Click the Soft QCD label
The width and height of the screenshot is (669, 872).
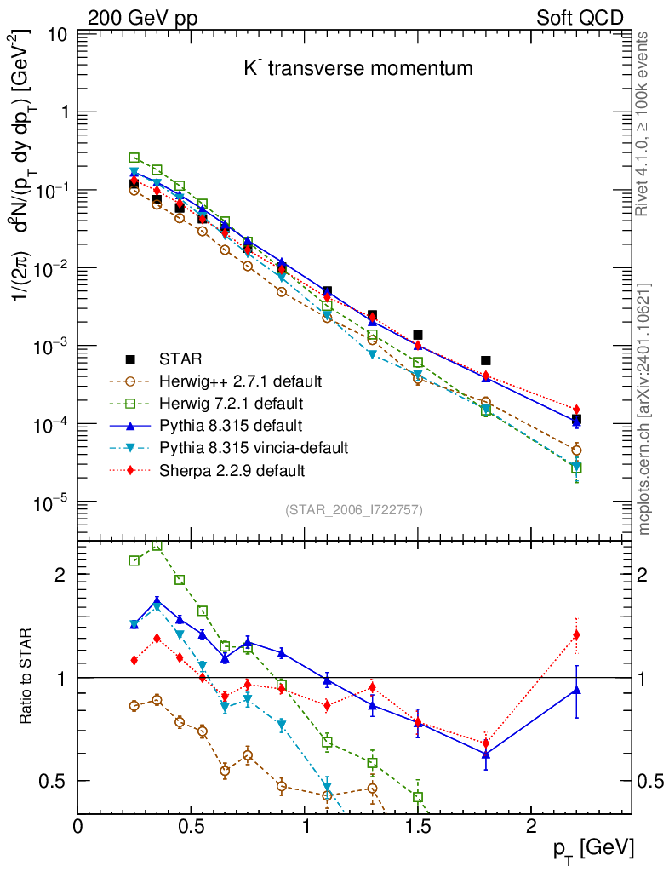pyautogui.click(x=580, y=18)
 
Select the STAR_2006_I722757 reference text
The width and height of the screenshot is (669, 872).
pyautogui.click(x=353, y=510)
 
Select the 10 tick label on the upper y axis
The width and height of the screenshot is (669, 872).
pyautogui.click(x=57, y=35)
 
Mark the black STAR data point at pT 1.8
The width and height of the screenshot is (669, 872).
pyautogui.click(x=486, y=361)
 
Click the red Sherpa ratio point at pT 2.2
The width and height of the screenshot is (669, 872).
pyautogui.click(x=576, y=634)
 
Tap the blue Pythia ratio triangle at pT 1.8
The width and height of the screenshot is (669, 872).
pyautogui.click(x=486, y=754)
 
